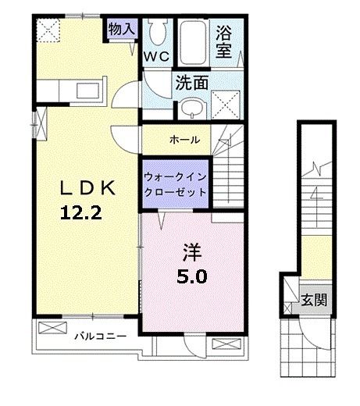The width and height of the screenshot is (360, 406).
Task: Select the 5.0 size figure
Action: (192, 276)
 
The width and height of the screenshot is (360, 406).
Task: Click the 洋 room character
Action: (192, 252)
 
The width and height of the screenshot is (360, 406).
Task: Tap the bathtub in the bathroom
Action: (191, 35)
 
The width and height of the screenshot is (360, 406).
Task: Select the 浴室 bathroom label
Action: (225, 44)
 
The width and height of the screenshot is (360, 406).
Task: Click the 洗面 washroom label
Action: (191, 81)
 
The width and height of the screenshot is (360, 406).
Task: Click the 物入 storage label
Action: (123, 29)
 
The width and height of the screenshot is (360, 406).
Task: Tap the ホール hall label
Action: (184, 140)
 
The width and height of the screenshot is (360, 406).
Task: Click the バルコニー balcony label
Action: (101, 337)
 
